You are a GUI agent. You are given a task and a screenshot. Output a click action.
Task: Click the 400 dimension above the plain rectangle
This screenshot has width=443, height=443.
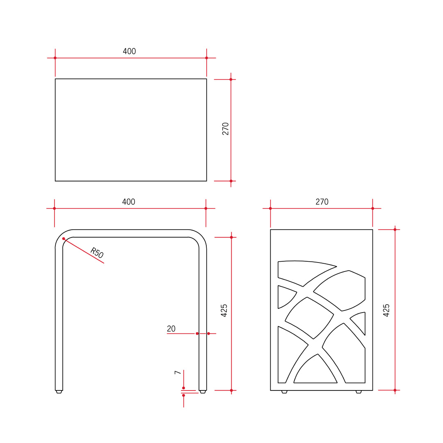click(x=129, y=52)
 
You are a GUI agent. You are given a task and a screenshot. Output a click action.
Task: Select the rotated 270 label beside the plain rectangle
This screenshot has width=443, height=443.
click(x=226, y=128)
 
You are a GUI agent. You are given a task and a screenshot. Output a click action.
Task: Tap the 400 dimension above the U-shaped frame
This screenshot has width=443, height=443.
click(x=128, y=202)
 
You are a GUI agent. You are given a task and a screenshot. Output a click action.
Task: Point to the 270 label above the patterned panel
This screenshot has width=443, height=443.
click(x=322, y=202)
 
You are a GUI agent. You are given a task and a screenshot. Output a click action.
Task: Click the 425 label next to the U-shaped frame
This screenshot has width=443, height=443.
click(x=224, y=311)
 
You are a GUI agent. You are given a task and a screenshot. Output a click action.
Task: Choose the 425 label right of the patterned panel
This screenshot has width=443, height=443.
click(x=386, y=310)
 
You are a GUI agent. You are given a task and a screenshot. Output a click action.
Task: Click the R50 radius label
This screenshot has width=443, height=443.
click(x=96, y=253)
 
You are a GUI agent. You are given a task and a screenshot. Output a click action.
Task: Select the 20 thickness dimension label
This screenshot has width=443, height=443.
click(x=171, y=329)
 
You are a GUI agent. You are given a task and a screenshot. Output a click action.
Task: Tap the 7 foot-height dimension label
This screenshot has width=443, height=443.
click(x=178, y=372)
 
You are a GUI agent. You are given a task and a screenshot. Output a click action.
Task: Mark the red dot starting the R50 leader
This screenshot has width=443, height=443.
click(x=64, y=239)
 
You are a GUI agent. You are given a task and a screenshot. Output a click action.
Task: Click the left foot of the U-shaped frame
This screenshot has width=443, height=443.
click(x=59, y=392)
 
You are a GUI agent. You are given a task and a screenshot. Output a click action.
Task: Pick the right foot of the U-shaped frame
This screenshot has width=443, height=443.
click(x=203, y=392)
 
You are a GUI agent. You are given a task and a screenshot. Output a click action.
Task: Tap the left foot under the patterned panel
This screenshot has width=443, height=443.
click(x=284, y=392)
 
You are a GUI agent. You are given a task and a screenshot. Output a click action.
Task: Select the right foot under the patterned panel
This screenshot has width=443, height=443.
click(x=359, y=392)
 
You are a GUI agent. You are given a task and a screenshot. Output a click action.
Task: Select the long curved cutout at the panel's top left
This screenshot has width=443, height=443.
click(x=301, y=271)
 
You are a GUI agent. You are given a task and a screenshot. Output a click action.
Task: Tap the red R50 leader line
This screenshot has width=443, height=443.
click(x=84, y=251)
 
